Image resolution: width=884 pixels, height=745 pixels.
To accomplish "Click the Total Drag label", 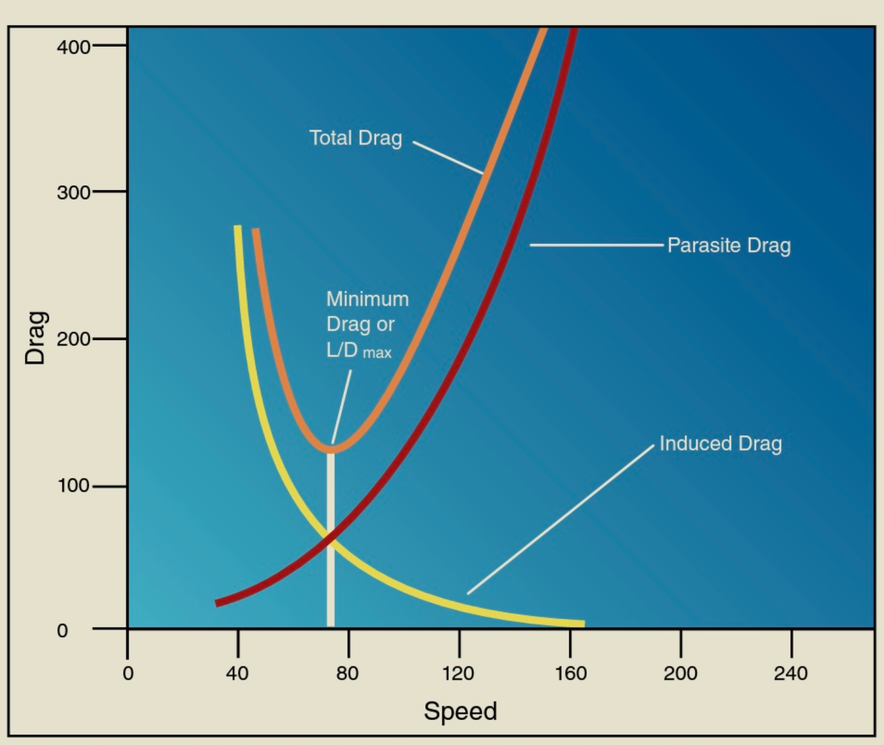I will [x=355, y=138].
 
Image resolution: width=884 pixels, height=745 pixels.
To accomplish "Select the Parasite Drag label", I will [x=729, y=245].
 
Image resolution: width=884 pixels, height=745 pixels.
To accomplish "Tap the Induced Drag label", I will [x=720, y=444].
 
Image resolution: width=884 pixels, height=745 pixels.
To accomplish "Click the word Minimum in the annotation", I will [x=367, y=299].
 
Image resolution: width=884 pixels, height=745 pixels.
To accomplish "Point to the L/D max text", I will [x=358, y=351].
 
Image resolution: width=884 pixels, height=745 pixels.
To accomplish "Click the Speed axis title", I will [x=460, y=711].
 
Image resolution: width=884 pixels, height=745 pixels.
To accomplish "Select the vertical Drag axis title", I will [x=36, y=338].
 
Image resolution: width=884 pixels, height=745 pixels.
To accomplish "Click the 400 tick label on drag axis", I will [x=73, y=47].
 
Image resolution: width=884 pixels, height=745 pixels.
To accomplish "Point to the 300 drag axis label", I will [x=73, y=192].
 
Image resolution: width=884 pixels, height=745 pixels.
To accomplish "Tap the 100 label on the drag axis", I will [x=73, y=485].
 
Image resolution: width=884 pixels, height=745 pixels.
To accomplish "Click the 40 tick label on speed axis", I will [x=237, y=673].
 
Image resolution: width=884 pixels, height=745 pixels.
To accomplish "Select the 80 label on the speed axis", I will [x=348, y=673].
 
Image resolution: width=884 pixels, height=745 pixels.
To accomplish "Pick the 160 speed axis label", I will [x=570, y=673].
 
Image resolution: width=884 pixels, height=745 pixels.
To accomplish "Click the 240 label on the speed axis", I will [x=790, y=673].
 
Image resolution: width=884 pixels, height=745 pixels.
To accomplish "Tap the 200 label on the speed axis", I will [x=680, y=673].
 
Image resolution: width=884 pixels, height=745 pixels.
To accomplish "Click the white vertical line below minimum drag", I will [x=330, y=562].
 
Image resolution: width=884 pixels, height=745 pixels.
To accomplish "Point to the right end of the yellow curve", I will [x=583, y=623].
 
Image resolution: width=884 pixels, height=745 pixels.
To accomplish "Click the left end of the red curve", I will [x=217, y=603].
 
